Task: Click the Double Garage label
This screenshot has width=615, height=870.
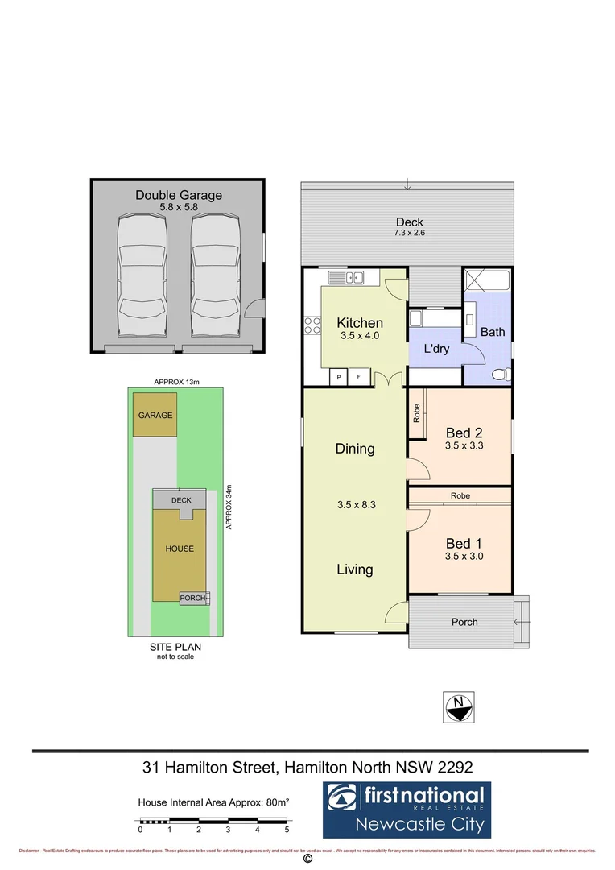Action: click(178, 195)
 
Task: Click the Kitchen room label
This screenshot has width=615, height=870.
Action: click(359, 323)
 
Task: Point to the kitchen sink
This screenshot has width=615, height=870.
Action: click(348, 278)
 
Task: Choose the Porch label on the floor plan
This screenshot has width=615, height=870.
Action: click(464, 622)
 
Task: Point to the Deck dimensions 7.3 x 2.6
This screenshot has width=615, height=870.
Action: click(409, 234)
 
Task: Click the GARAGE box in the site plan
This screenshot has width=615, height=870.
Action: click(155, 415)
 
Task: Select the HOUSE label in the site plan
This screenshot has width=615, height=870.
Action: click(180, 549)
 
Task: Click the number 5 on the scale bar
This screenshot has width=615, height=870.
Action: click(287, 829)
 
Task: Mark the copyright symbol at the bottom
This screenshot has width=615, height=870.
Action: click(307, 860)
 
